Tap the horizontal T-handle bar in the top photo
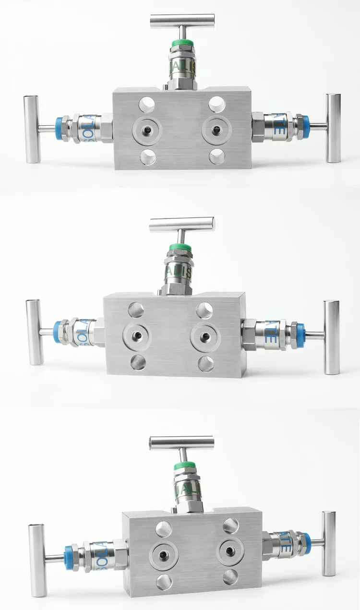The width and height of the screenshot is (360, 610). (x=182, y=21)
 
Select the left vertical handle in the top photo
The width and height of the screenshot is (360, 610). (x=32, y=129)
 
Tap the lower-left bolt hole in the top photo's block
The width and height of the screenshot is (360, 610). (x=148, y=156)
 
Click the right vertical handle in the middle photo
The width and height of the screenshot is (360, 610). (x=331, y=337)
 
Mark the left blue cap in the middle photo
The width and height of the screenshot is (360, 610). (x=61, y=332)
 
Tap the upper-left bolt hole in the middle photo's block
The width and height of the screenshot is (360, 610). (x=136, y=310)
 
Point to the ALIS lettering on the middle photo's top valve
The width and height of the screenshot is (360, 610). (x=179, y=273)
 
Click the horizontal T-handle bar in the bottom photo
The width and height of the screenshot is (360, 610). (x=181, y=443)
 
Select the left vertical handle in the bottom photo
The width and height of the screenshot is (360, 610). (x=36, y=558)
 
